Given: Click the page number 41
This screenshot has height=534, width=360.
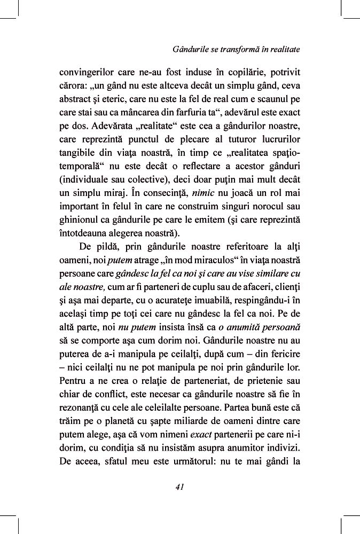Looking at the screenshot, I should tap(179, 486).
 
